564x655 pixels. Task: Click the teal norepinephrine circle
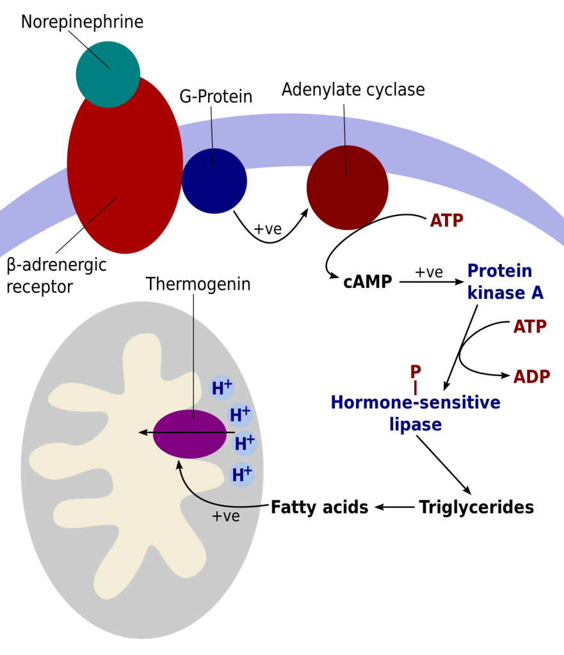[107, 74]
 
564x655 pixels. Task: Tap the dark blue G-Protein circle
[214, 180]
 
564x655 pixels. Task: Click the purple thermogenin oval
[189, 434]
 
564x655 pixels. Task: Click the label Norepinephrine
[82, 22]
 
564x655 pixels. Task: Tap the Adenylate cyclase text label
[353, 90]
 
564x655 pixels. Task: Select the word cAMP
[367, 281]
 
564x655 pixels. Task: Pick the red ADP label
[531, 375]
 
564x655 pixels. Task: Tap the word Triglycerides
[476, 508]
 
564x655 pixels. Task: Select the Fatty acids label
[319, 508]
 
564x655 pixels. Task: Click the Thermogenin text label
[198, 283]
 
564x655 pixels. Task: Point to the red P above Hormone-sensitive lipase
[415, 371]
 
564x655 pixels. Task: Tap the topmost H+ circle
[222, 387]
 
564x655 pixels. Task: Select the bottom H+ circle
[241, 474]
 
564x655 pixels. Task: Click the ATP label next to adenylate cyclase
[446, 221]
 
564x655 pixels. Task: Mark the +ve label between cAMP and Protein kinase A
[429, 272]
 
